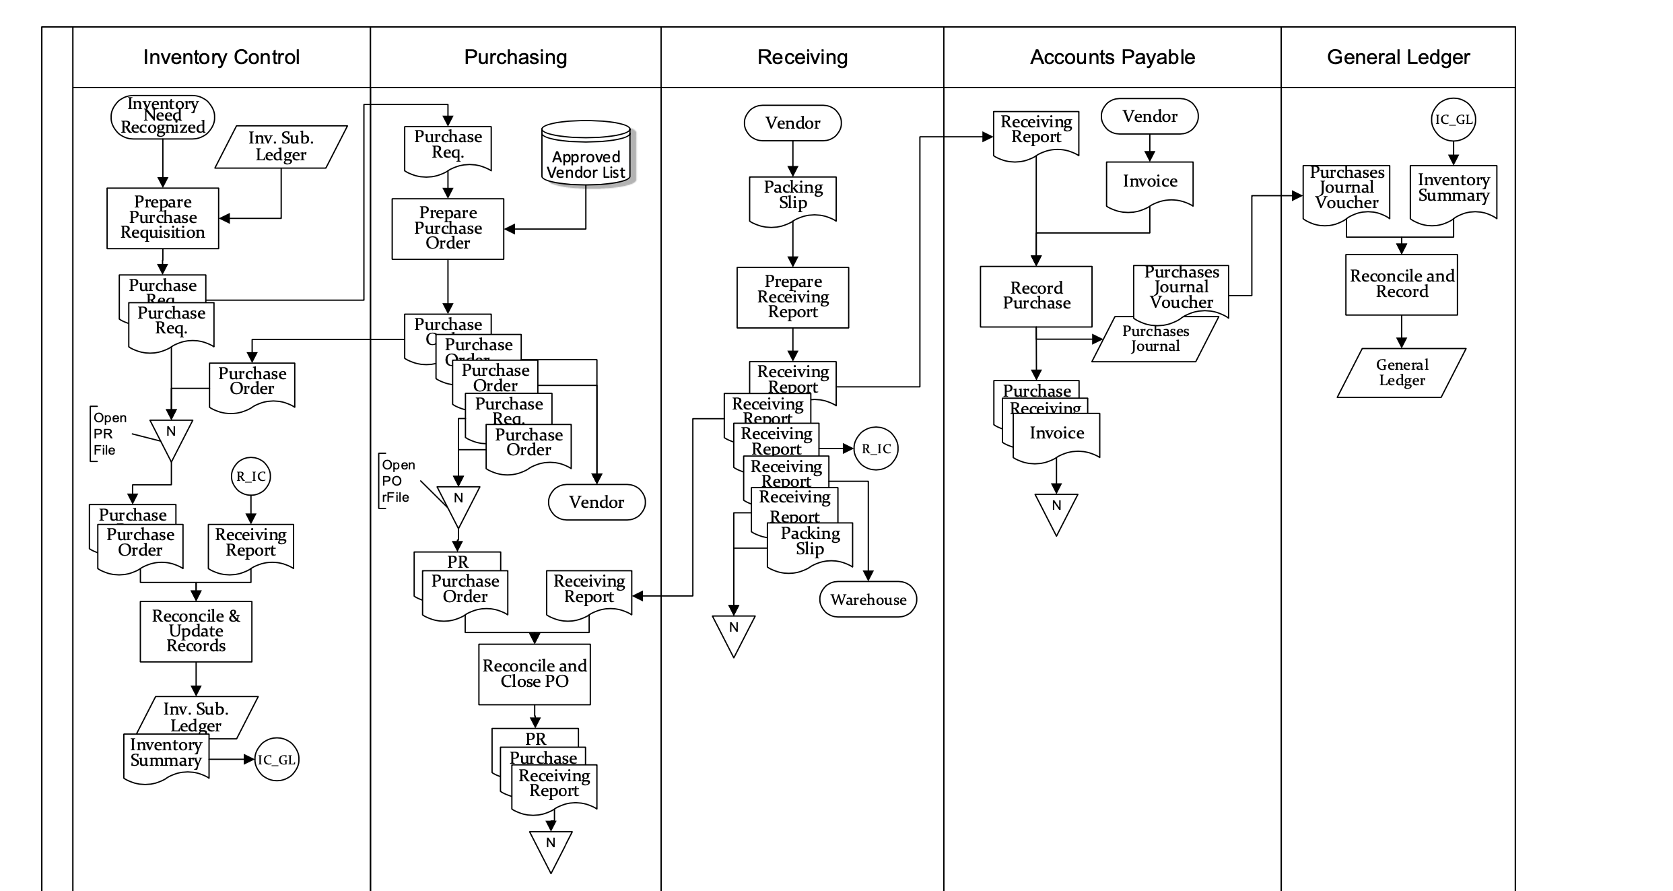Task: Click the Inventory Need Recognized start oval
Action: point(162,117)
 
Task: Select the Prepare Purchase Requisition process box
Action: point(162,218)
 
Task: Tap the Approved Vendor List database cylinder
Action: point(586,154)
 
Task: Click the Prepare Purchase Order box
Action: point(448,228)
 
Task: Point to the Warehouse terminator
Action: point(868,599)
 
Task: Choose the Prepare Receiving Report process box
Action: point(792,297)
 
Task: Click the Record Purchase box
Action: point(1035,296)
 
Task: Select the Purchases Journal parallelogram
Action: point(1155,339)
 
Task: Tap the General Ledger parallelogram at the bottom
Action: point(1401,372)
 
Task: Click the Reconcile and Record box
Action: point(1401,284)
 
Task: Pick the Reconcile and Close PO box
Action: point(534,674)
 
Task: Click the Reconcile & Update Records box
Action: point(196,631)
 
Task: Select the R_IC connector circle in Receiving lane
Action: point(876,449)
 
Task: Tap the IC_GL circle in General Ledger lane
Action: point(1453,120)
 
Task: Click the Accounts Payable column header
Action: point(1112,57)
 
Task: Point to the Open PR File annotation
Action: point(109,434)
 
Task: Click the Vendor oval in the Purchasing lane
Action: point(596,502)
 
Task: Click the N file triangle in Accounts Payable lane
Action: point(1056,510)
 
